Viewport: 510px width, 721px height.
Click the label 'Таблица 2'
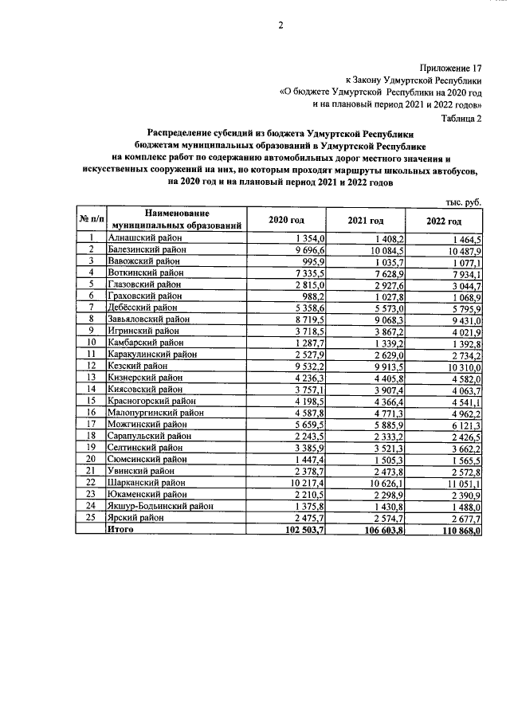(x=461, y=117)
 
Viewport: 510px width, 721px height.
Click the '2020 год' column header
(x=286, y=221)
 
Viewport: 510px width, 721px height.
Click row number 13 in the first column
(x=92, y=377)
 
